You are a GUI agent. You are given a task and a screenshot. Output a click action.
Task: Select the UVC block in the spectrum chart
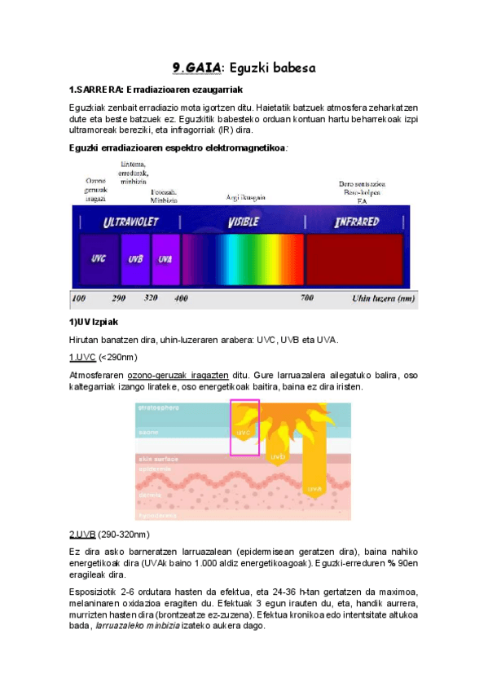coord(98,258)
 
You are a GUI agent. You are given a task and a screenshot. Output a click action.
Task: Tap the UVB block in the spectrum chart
coord(135,258)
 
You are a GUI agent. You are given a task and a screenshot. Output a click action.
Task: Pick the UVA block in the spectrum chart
coord(165,258)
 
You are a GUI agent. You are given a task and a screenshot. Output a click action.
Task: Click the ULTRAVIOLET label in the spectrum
coord(130,222)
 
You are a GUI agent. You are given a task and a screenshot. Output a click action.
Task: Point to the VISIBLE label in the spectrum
coord(244,222)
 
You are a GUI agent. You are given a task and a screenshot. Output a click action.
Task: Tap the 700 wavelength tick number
coord(307,298)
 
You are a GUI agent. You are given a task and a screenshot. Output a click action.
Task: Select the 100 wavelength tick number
coord(79,298)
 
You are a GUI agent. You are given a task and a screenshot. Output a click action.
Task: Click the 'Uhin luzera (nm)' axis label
coord(383,298)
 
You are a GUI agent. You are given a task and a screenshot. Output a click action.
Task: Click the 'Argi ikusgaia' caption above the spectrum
coord(245,197)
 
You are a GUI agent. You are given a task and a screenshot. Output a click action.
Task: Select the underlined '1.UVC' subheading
coord(82,357)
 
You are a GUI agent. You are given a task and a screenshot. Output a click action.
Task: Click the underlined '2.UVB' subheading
coord(82,535)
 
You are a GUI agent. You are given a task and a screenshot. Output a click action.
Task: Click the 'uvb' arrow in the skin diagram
coord(278,457)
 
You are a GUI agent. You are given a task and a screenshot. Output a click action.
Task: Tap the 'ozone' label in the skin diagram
coord(148,431)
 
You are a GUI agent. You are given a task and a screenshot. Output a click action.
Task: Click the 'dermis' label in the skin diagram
coord(150,495)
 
